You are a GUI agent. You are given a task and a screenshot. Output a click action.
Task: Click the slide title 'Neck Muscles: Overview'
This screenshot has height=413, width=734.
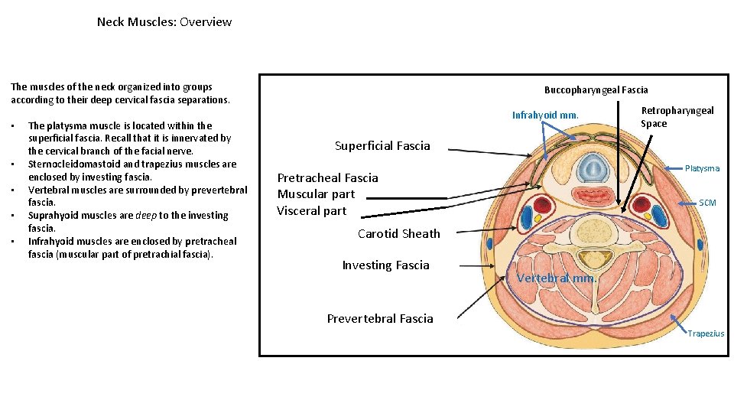tap(164, 22)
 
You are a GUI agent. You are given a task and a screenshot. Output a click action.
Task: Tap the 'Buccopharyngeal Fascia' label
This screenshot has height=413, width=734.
tap(596, 89)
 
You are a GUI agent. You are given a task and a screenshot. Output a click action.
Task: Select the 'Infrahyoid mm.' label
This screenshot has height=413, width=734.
tap(545, 115)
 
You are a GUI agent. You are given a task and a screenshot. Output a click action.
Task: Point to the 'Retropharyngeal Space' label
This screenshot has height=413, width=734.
tap(677, 117)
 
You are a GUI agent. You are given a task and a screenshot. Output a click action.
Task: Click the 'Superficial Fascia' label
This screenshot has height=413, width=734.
tap(382, 145)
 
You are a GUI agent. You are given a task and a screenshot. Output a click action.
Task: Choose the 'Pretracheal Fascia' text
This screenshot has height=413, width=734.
tap(327, 177)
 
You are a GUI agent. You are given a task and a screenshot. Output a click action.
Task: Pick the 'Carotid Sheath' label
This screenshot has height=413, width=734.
tap(398, 233)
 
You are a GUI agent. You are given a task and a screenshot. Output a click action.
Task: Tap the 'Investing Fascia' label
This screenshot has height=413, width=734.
tap(385, 265)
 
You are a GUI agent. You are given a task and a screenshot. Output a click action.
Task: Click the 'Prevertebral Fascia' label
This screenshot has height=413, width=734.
tap(379, 318)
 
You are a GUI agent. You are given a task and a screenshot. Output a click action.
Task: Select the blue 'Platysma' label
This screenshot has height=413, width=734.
tap(702, 168)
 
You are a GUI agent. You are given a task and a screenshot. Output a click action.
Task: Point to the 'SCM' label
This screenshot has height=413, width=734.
tap(707, 203)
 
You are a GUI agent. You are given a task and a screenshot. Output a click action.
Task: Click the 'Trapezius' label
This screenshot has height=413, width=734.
tap(705, 333)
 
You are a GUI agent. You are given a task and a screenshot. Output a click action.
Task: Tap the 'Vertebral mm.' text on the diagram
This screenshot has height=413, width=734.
tap(556, 278)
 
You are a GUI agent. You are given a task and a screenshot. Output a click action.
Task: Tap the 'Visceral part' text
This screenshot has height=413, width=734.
tap(311, 211)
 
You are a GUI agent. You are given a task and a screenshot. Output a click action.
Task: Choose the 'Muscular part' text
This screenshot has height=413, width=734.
tap(316, 194)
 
